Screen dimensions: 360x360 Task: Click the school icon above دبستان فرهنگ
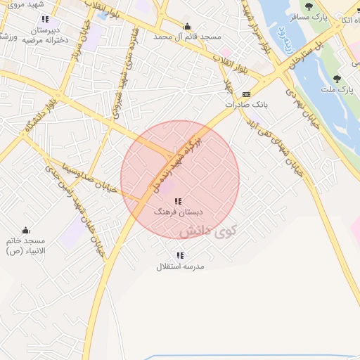178,201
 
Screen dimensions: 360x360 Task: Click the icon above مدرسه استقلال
181,256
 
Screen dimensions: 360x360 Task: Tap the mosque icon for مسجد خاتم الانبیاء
26,230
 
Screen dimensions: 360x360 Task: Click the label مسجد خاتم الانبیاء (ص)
27,245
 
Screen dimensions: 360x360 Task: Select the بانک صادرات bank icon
245,94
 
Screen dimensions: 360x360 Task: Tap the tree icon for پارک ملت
337,79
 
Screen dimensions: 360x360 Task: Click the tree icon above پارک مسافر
309,6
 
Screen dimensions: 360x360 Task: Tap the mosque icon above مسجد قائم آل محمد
186,25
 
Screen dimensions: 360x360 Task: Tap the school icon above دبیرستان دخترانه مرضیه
46,20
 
